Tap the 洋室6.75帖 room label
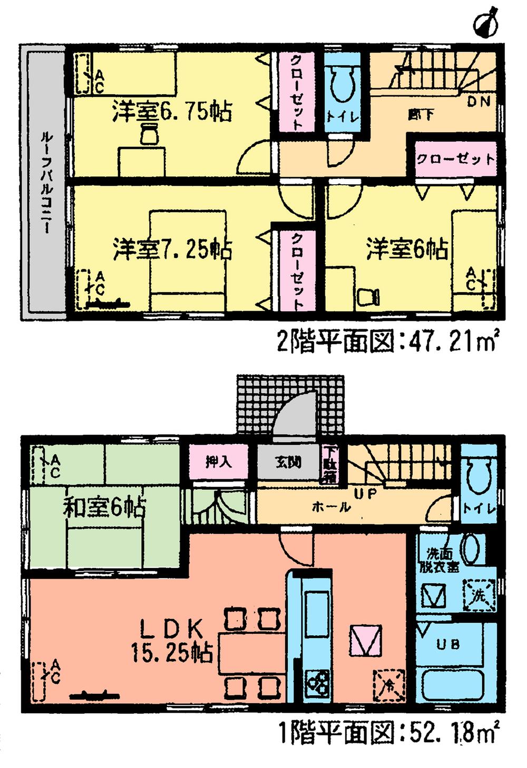tap(171, 112)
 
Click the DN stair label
tap(479, 102)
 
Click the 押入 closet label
tap(218, 462)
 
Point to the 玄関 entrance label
tap(288, 463)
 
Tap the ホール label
tap(331, 507)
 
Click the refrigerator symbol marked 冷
tap(388, 684)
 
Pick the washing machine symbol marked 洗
tap(478, 595)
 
